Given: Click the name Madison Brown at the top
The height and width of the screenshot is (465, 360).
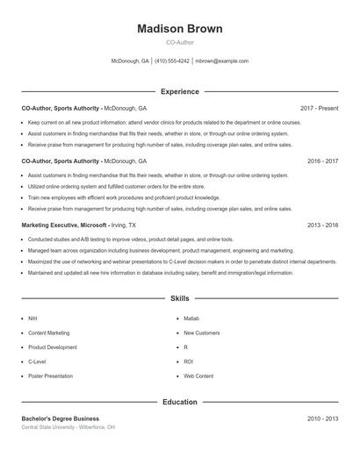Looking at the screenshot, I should tap(180, 29).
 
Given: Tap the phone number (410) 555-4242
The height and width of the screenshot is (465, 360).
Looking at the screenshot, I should tap(172, 61).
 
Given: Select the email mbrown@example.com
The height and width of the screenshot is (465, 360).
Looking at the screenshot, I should tap(222, 61).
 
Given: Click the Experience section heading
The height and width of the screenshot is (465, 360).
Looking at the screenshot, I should tap(180, 91).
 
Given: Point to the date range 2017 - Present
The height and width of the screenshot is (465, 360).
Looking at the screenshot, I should tap(319, 108).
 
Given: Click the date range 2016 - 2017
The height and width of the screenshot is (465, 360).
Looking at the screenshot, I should tap(322, 161).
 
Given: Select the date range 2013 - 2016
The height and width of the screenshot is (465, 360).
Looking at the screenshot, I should tap(322, 225).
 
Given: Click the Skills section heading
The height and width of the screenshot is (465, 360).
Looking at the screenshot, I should tap(180, 299).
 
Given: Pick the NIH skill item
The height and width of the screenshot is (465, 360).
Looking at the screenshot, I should tap(32, 318).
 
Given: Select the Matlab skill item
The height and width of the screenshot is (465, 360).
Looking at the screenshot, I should tap(191, 318).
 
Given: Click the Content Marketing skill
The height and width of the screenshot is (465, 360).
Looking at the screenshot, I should tap(48, 333).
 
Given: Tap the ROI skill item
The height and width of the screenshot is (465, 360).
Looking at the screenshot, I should tap(188, 361).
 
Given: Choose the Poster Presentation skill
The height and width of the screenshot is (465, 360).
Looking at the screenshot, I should tap(50, 376).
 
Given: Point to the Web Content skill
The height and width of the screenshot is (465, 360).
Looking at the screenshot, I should tap(198, 376).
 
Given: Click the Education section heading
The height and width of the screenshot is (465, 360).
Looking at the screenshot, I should tap(180, 402).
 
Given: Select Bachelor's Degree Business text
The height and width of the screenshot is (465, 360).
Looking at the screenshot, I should tap(61, 418).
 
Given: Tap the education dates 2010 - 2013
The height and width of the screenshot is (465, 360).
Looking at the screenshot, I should tap(322, 418).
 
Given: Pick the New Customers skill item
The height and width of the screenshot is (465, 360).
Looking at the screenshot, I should tap(201, 333).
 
